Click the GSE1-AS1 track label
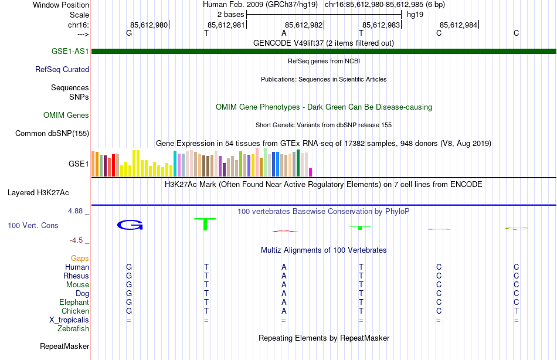click(70, 52)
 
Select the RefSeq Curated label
click(62, 70)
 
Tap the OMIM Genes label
click(66, 116)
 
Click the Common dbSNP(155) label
click(52, 134)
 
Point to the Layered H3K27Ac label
click(38, 192)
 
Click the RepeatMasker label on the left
click(64, 347)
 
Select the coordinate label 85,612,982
click(304, 25)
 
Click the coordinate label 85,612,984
click(458, 25)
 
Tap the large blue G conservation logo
click(130, 225)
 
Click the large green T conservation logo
click(205, 224)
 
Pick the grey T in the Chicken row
click(517, 311)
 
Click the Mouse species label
click(77, 285)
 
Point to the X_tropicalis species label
click(69, 320)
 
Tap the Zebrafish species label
click(73, 329)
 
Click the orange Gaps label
click(80, 259)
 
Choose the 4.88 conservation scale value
click(77, 211)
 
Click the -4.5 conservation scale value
click(77, 240)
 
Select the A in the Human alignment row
click(284, 267)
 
